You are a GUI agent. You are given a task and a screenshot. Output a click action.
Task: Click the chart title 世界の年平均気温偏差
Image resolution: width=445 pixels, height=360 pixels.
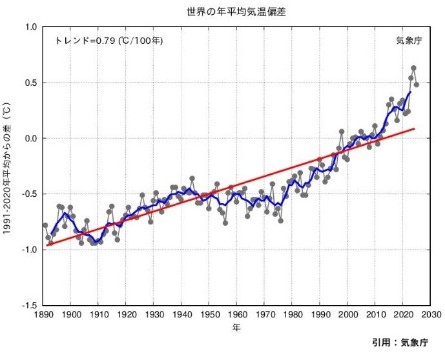pyautogui.click(x=222, y=11)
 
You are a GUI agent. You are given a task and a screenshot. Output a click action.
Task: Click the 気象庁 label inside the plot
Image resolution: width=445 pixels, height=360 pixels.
pyautogui.click(x=409, y=41)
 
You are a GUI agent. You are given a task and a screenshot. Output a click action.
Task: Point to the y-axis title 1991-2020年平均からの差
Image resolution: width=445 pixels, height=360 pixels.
pyautogui.click(x=8, y=166)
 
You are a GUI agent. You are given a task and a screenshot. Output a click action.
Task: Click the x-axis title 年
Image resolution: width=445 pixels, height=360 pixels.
pyautogui.click(x=236, y=327)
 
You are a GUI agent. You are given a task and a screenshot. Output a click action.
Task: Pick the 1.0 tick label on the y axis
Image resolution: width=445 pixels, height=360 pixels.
pyautogui.click(x=30, y=27)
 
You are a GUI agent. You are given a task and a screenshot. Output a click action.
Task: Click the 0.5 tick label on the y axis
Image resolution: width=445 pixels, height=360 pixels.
pyautogui.click(x=30, y=83)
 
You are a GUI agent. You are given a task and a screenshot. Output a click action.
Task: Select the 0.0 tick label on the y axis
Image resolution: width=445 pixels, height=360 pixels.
pyautogui.click(x=30, y=138)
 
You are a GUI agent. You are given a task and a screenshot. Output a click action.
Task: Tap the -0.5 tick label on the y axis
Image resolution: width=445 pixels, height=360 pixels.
pyautogui.click(x=29, y=194)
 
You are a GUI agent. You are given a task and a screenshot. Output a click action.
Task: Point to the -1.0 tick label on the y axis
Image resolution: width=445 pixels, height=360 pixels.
pyautogui.click(x=29, y=249)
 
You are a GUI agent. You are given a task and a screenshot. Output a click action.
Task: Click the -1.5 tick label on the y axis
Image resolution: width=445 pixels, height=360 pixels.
pyautogui.click(x=29, y=305)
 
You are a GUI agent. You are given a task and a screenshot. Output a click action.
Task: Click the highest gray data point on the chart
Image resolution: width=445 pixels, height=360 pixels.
pyautogui.click(x=413, y=68)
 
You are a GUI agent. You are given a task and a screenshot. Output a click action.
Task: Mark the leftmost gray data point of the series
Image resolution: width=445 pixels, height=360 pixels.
pyautogui.click(x=45, y=225)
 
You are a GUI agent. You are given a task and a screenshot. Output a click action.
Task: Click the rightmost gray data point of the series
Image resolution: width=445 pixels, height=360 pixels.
pyautogui.click(x=417, y=85)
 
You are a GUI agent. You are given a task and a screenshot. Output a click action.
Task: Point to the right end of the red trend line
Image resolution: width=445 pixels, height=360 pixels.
pyautogui.click(x=415, y=128)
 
